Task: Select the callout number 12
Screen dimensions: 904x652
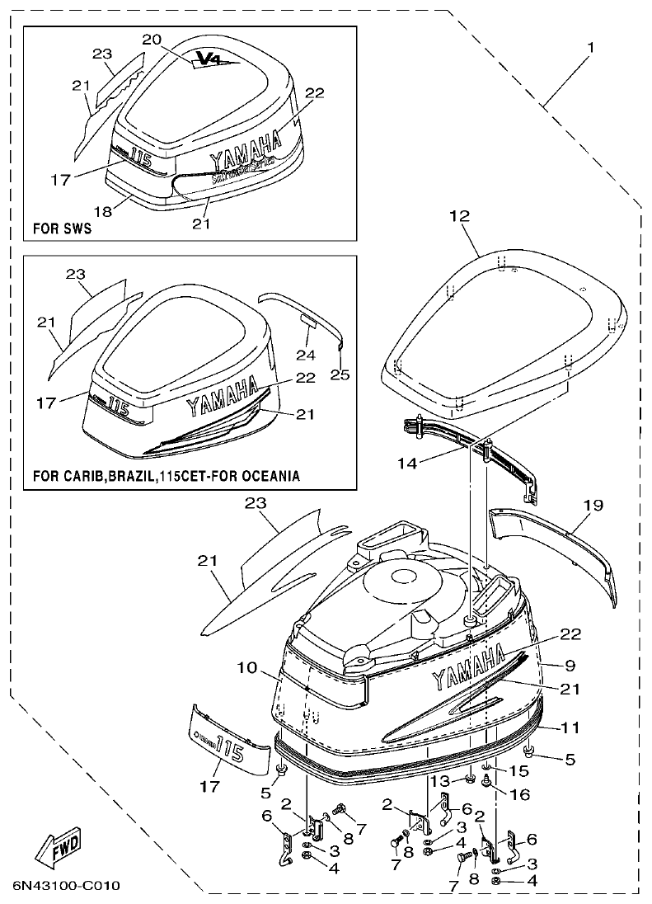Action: pos(459,217)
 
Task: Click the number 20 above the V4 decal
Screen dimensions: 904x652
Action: pos(152,40)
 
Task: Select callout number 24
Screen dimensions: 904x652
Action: pos(306,354)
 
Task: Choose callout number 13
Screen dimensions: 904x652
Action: pos(443,780)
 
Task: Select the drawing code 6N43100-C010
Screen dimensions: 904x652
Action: pos(67,886)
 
